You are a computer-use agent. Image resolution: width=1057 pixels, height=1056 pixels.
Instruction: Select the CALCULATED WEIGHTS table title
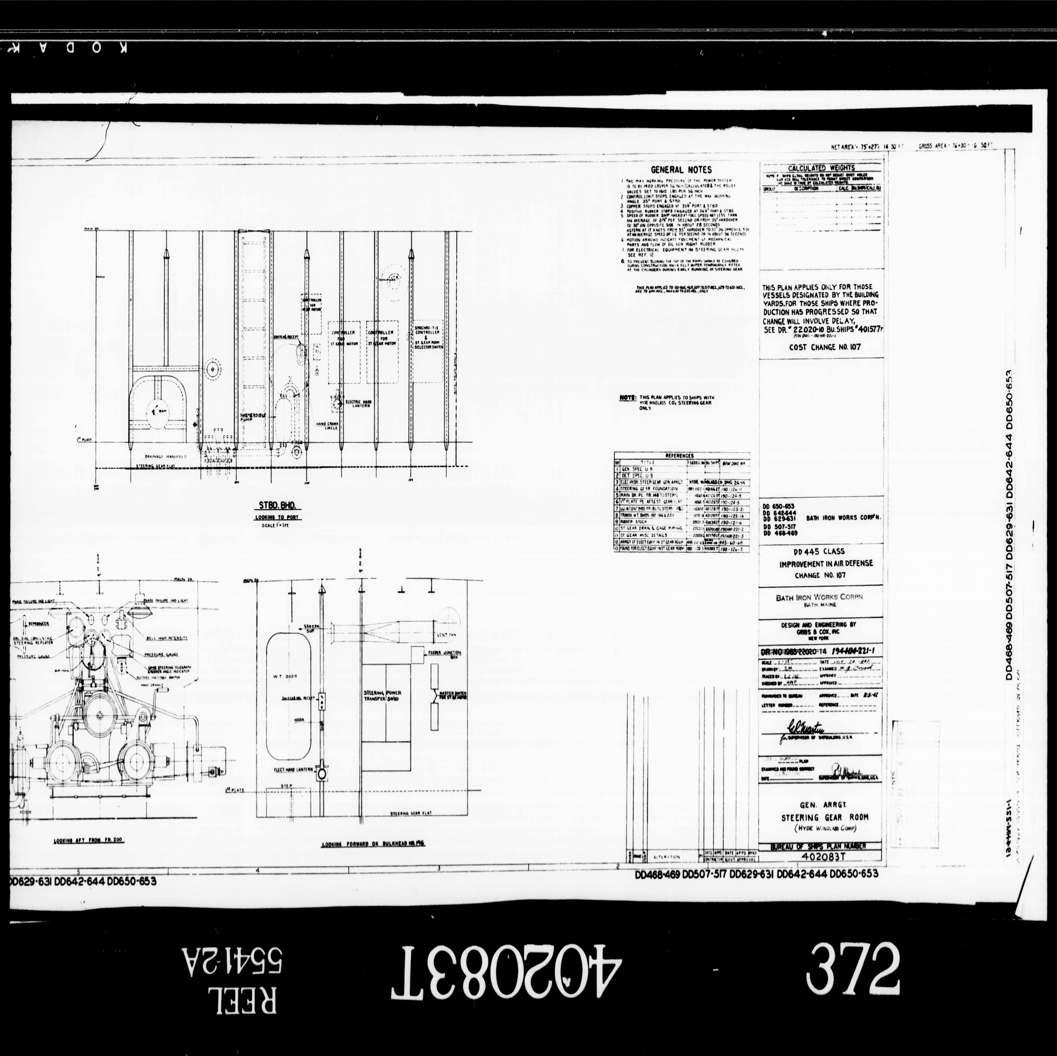[x=821, y=168]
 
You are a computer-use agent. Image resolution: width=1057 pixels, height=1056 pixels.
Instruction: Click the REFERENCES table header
[x=679, y=455]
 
